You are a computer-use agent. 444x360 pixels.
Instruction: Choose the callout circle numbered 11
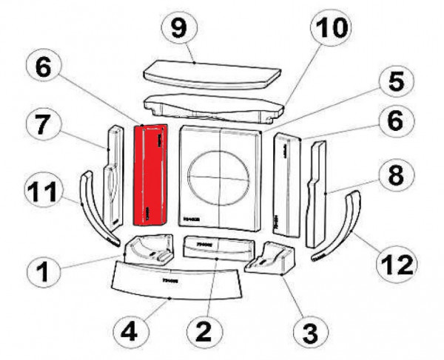tap(46, 195)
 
